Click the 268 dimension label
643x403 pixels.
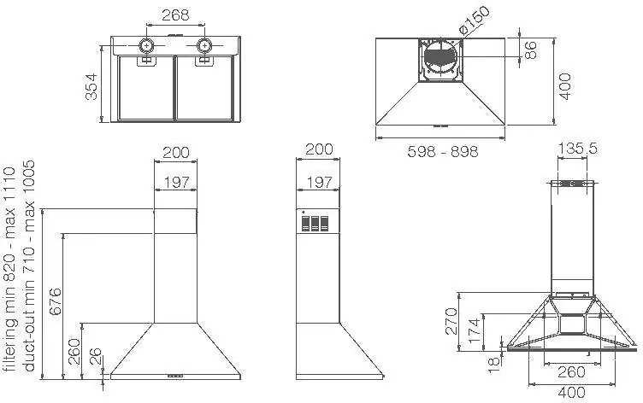[175, 15]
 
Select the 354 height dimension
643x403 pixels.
[91, 86]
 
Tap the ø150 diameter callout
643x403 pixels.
[474, 20]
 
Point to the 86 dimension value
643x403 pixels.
[530, 50]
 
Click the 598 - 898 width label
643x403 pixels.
[443, 151]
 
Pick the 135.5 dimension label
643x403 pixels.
[577, 149]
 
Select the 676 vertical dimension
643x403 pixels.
[55, 302]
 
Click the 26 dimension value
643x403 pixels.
[95, 357]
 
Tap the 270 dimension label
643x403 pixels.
[451, 322]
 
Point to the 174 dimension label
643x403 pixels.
[474, 331]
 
